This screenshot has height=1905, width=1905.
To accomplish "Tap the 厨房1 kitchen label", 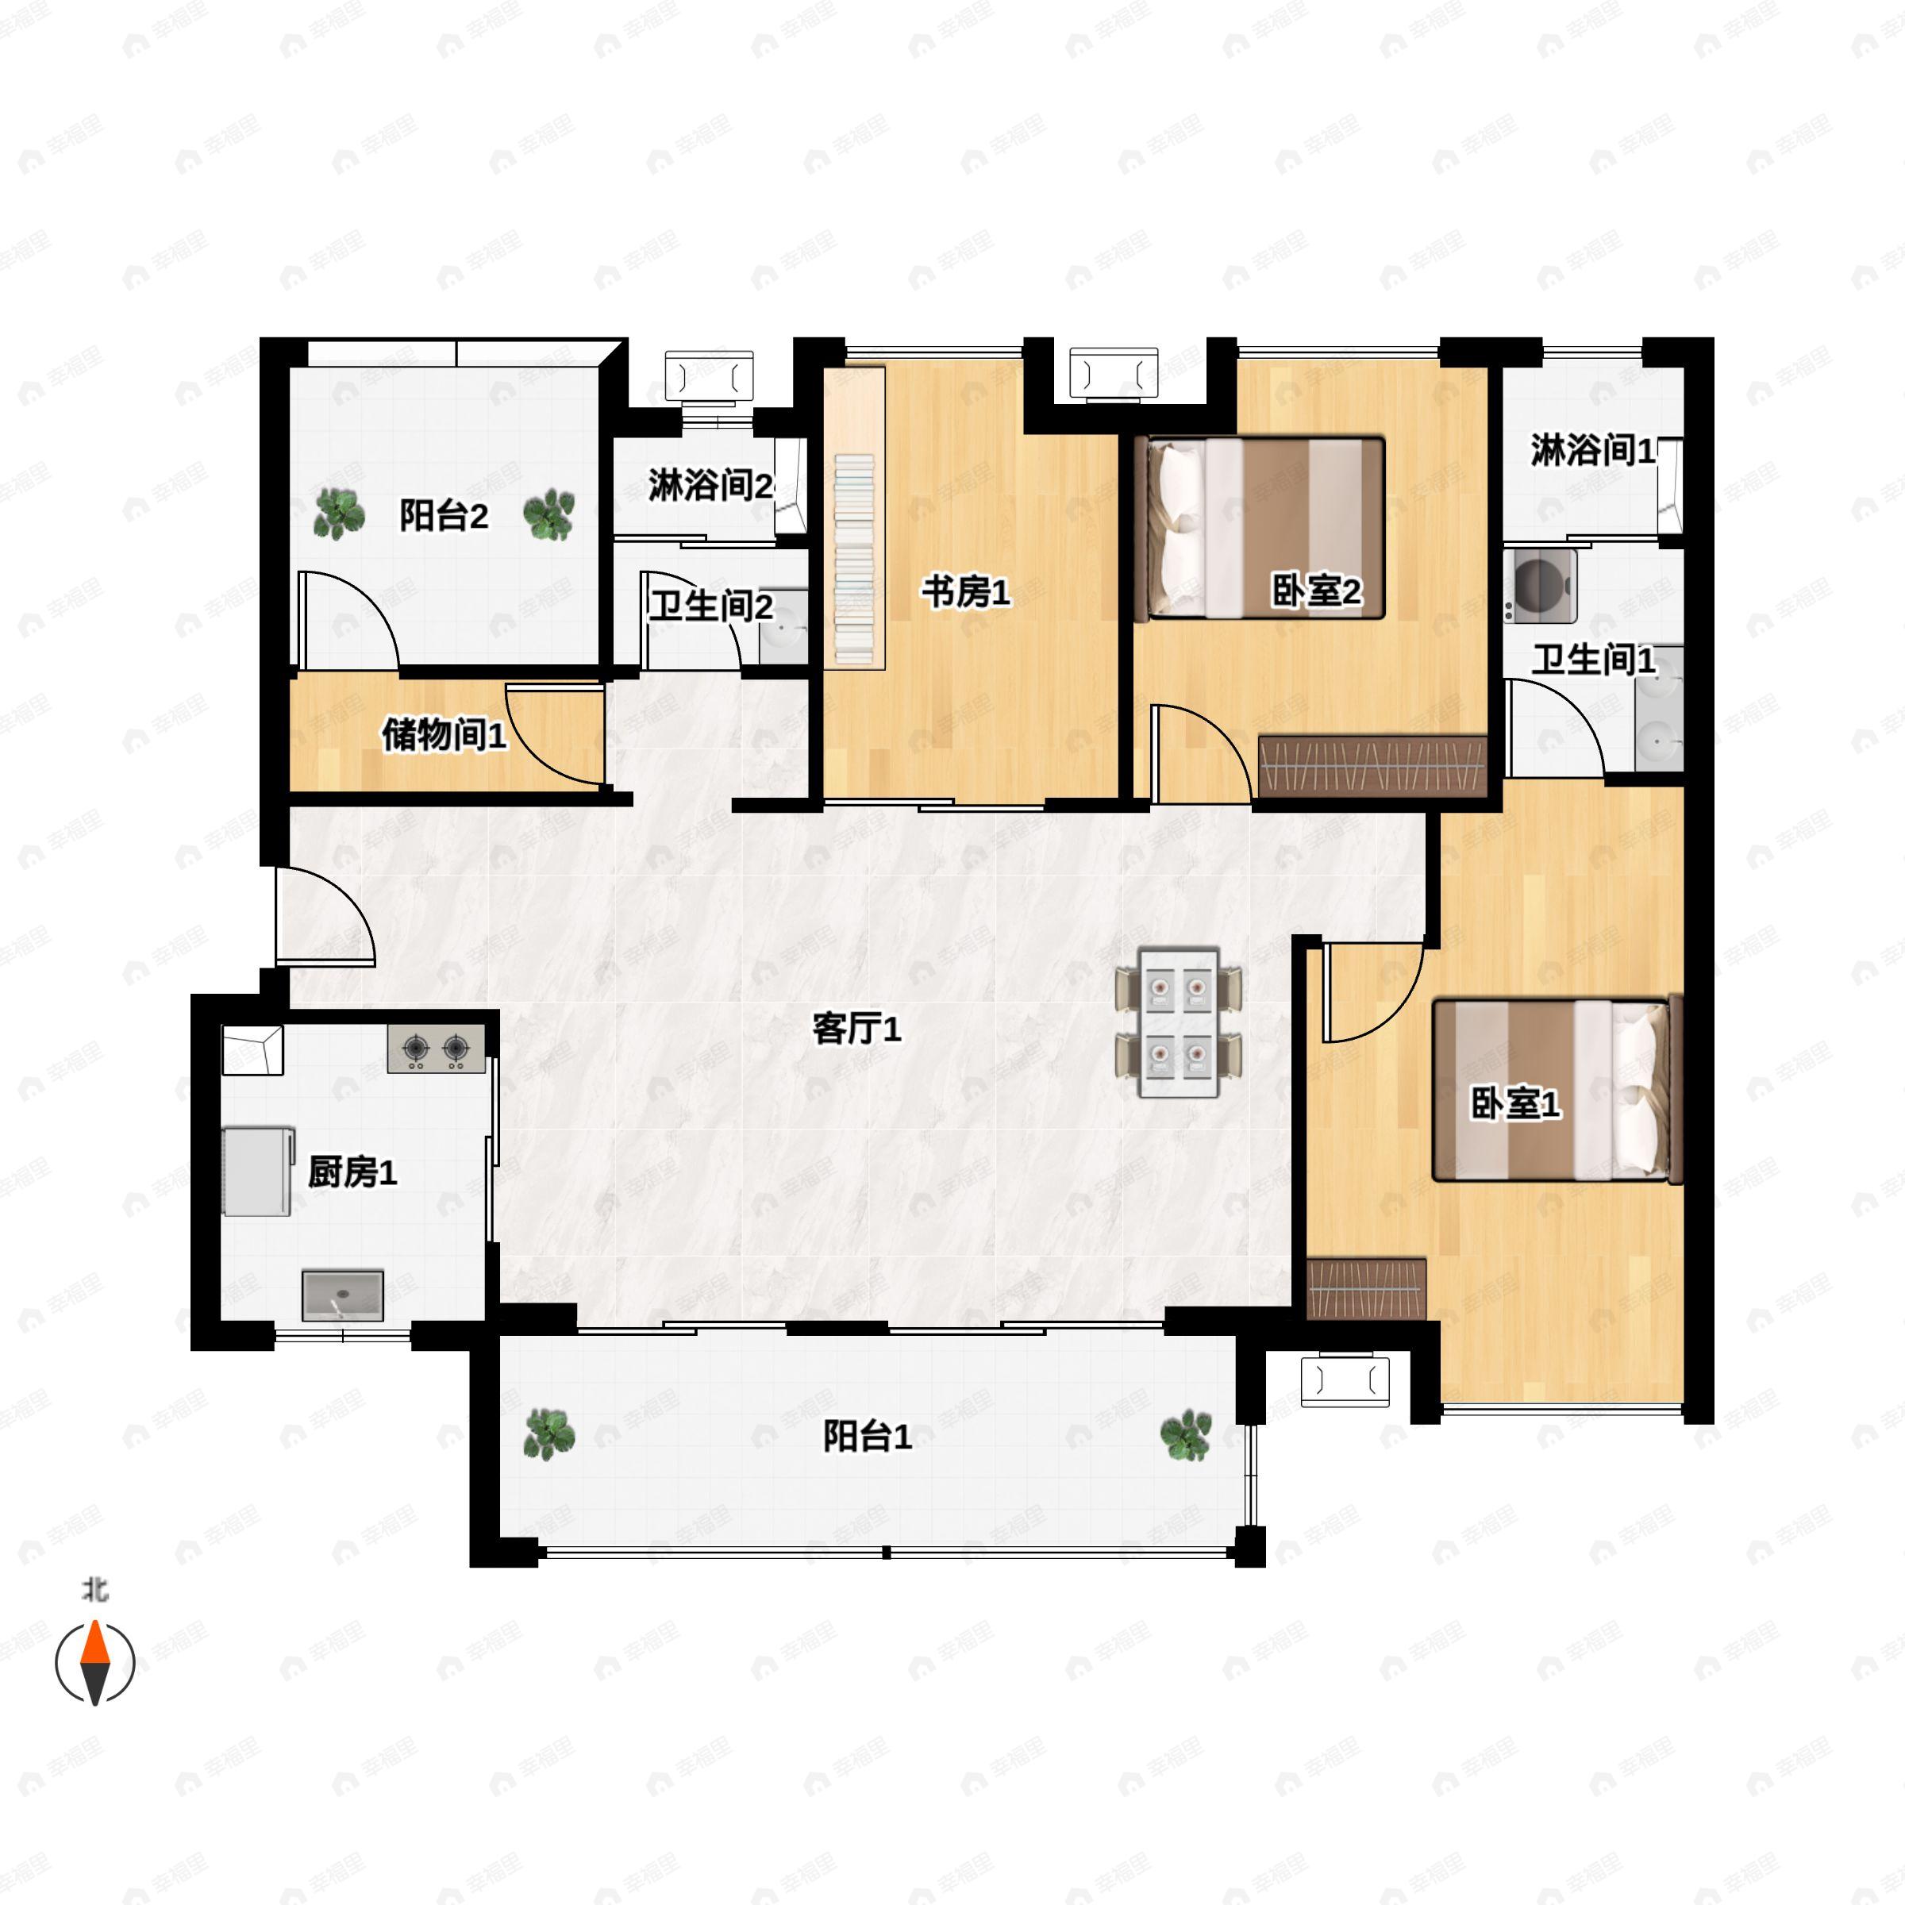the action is (x=352, y=1172).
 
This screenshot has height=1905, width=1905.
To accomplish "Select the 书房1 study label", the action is (x=966, y=593).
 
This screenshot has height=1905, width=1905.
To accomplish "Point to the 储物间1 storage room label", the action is (x=444, y=734).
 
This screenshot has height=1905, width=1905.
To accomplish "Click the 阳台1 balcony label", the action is (x=867, y=1437).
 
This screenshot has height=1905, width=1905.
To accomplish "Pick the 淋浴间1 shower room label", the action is (x=1592, y=451).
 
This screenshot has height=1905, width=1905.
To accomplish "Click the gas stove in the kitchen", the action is (x=436, y=1048).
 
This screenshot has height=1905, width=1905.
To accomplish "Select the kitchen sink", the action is (x=342, y=1295).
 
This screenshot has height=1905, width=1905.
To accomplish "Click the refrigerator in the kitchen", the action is (x=258, y=1172).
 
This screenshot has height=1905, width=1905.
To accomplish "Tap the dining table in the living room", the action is (x=1180, y=1022).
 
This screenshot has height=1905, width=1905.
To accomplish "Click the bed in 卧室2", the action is (x=1259, y=528).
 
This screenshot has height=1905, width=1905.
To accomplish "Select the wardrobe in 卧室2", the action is (x=1372, y=766).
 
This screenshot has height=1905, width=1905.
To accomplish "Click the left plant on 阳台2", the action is (x=338, y=514).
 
